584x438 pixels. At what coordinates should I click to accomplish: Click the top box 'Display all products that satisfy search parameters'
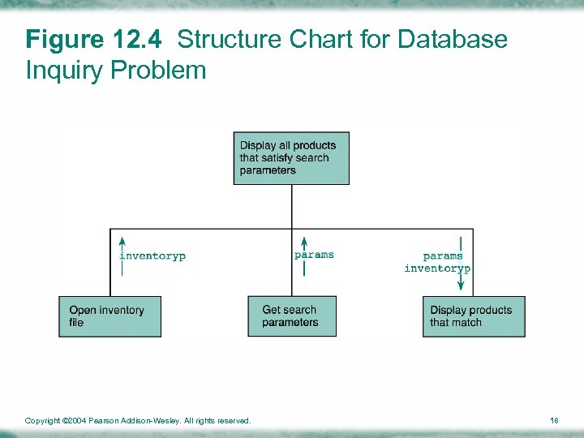291,158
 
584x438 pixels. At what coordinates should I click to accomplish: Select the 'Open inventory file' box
109,316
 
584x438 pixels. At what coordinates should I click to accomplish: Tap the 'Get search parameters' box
291,316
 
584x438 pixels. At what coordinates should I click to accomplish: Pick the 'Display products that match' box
473,316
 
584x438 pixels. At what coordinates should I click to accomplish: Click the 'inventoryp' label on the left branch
152,256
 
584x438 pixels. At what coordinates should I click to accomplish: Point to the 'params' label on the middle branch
314,255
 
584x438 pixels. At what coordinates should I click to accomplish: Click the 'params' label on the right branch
443,256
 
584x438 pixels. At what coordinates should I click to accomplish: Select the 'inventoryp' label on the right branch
437,268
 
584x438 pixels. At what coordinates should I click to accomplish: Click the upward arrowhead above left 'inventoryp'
122,241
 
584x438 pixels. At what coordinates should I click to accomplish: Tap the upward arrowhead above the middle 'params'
304,241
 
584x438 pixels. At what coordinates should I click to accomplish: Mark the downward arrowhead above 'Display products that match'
461,285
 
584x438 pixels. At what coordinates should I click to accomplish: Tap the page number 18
554,420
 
